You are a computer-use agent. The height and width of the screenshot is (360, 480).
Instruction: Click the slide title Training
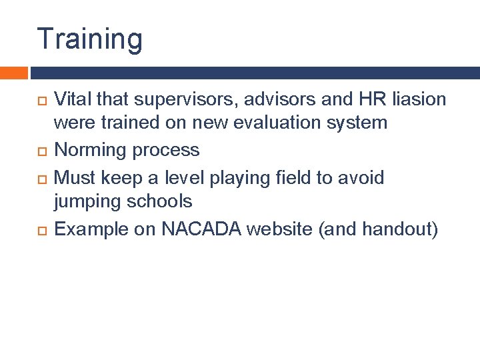pos(89,39)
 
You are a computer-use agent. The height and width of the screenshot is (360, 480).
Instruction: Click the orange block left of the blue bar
pos(13,73)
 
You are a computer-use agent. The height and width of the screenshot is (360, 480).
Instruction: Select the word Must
pos(75,177)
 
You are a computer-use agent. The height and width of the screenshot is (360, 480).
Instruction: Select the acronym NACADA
pos(203,229)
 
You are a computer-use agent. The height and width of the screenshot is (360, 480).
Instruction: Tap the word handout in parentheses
pos(396,229)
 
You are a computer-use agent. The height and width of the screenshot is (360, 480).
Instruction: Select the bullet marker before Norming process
pos(41,151)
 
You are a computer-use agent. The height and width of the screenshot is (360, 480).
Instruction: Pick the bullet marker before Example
pos(41,230)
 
